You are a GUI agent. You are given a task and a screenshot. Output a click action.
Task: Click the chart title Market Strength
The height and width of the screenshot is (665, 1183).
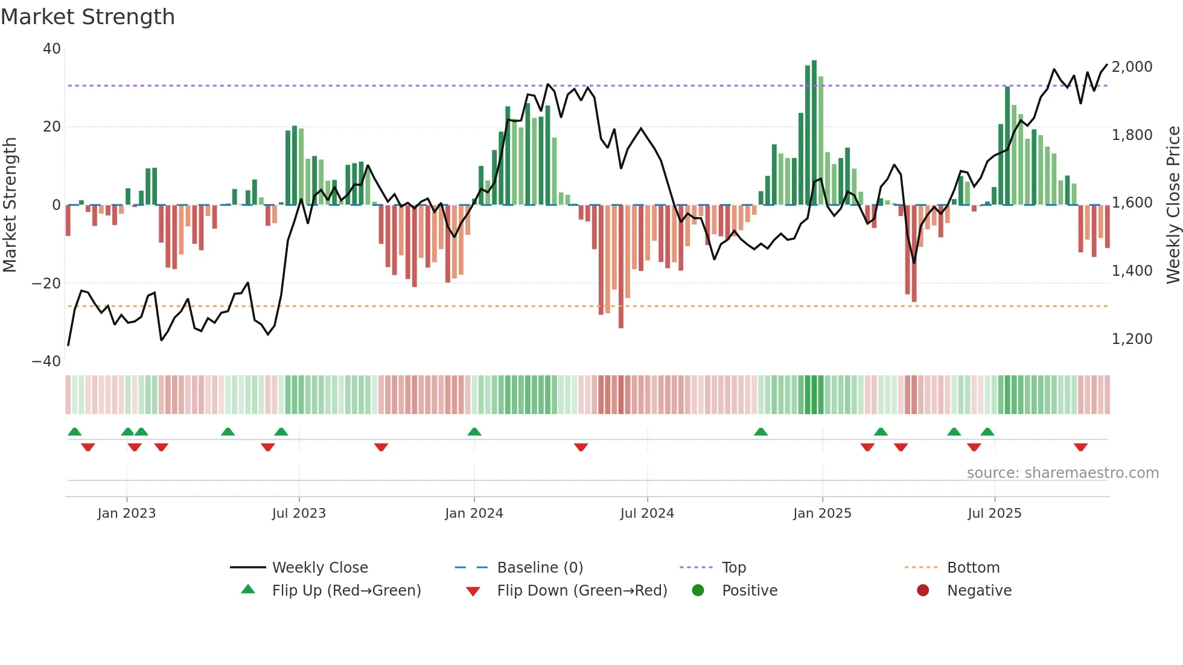point(88,17)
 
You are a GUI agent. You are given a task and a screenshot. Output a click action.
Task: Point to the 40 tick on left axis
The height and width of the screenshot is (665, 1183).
point(52,49)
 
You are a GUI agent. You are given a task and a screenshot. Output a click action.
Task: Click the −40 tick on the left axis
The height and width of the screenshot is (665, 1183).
point(46,361)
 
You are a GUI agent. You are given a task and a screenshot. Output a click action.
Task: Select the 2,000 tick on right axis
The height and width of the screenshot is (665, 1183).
point(1132,67)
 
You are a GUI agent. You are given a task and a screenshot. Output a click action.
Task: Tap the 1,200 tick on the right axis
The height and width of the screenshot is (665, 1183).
point(1132,339)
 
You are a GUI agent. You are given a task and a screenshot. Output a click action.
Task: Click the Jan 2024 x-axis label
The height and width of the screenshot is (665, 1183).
point(474,514)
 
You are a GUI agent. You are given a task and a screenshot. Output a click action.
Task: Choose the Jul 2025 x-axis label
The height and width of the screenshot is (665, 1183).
point(994,514)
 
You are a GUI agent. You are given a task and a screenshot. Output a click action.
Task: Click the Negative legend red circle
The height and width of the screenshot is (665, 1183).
point(923,591)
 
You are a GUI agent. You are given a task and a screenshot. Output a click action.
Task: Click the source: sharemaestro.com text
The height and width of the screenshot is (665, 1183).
point(1062,473)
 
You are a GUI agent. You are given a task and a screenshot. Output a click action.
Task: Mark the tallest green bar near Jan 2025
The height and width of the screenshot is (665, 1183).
point(814,133)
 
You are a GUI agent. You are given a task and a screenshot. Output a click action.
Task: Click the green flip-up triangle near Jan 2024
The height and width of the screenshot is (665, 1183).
point(474,432)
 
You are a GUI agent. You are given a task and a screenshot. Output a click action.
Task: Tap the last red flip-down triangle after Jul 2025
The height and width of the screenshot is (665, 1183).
point(1080,447)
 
